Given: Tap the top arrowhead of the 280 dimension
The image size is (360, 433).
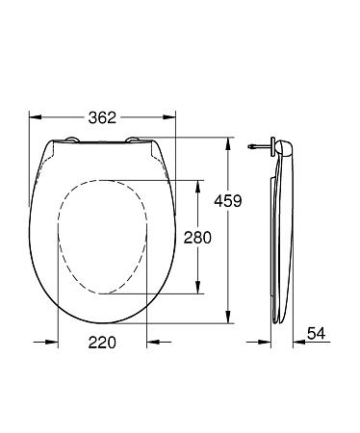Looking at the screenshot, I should tap(199, 183).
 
